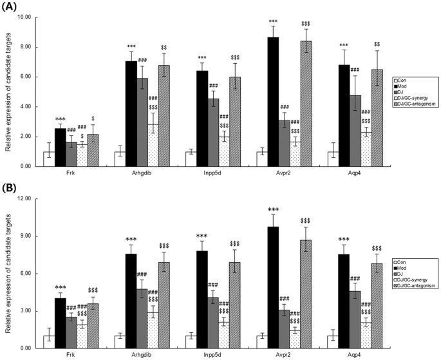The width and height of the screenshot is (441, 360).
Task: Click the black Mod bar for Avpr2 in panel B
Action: [273, 287]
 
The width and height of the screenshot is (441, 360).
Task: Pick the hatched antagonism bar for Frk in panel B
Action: [92, 325]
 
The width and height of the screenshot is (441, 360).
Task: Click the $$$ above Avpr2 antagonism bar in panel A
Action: [305, 24]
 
